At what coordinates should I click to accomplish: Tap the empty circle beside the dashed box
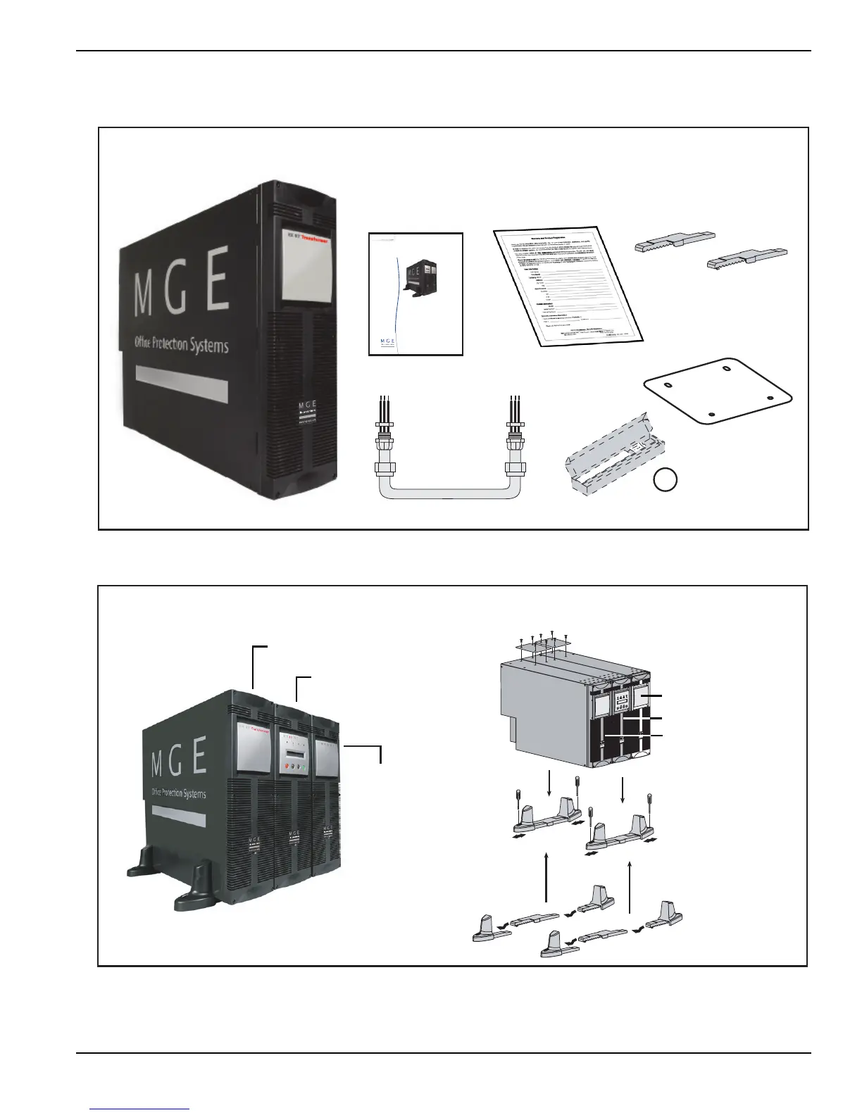(666, 479)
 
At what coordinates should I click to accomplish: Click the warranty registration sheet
(568, 285)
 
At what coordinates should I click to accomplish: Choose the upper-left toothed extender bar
(674, 242)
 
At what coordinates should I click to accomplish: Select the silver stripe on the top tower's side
(181, 383)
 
